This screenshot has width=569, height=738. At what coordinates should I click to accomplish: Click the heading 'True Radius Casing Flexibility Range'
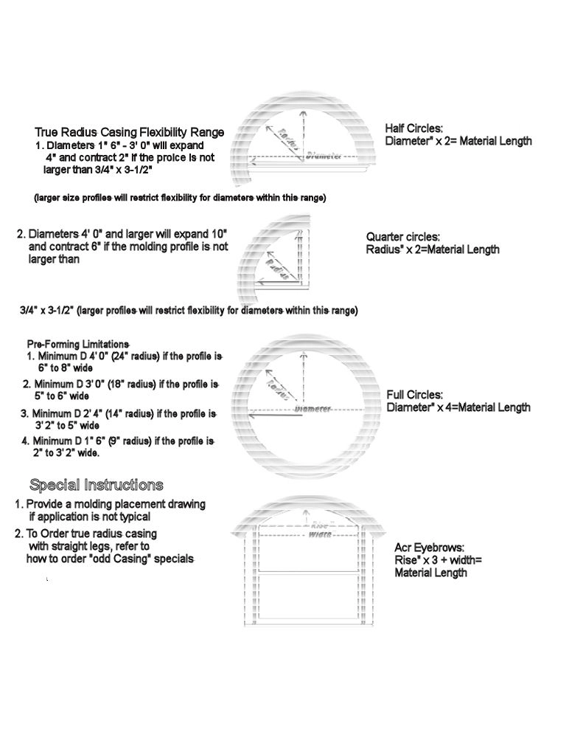coord(129,131)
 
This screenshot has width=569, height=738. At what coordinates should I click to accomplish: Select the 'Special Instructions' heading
coord(96,485)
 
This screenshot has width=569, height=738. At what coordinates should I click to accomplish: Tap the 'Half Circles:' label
coord(414,128)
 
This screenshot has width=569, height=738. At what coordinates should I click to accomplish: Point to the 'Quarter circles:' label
coord(403,237)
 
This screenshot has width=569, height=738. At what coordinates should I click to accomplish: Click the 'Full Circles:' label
coord(414,395)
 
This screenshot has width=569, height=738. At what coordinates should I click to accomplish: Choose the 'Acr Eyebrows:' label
coord(429,548)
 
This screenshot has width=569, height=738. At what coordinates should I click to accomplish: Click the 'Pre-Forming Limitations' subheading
coord(78,344)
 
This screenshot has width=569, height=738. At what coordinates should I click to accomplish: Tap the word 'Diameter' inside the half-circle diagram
coord(324,155)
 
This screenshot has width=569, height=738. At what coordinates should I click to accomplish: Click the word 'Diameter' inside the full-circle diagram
coord(313,408)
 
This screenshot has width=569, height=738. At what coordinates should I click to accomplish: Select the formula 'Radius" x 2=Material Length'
coord(433,249)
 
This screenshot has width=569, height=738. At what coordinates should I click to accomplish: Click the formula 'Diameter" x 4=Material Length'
coord(458,407)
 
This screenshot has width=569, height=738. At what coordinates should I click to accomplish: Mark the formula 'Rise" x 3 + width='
coord(438,560)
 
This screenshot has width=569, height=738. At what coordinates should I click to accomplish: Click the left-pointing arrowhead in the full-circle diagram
coord(252,416)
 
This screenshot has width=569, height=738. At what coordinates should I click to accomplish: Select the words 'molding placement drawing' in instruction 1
coord(142,504)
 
